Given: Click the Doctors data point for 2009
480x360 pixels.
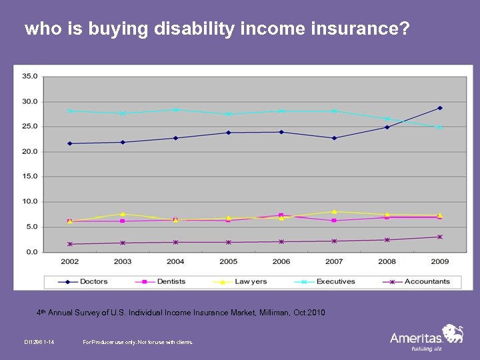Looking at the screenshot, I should tap(440, 108).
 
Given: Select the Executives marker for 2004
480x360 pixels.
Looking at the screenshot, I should tap(175, 110).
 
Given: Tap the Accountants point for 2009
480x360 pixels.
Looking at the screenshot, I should tap(440, 237).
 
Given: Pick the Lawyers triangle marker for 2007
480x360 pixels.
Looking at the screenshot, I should tap(334, 212).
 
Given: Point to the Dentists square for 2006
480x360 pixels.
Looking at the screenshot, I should tap(281, 215).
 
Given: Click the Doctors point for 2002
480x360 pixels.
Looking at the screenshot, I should tap(69, 143).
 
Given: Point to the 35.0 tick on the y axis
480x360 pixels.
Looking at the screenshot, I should tap(30, 76).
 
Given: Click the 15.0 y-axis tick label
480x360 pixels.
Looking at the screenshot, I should tap(30, 177).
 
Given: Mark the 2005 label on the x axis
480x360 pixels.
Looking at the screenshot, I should tap(228, 261).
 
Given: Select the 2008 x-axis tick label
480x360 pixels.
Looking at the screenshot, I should tap(387, 261).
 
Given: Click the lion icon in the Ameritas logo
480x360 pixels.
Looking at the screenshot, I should tap(453, 333).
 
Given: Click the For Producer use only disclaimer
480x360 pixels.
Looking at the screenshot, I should tap(138, 342).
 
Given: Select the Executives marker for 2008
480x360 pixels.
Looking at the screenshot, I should tap(387, 119).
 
